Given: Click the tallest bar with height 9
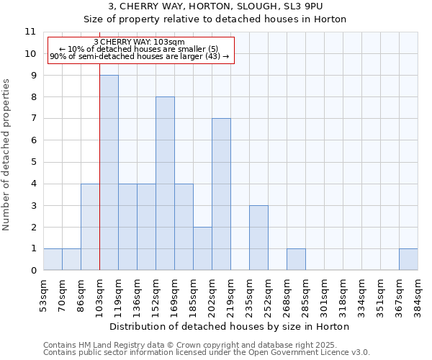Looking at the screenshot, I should click(x=109, y=173).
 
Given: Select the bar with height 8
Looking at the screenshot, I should click(x=165, y=184).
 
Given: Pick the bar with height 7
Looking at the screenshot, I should click(x=221, y=194).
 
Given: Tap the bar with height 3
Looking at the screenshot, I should click(x=258, y=238).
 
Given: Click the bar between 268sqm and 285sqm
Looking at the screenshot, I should click(x=296, y=259).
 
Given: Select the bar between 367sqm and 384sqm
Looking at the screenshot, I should click(x=408, y=259).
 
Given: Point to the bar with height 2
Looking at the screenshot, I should click(x=202, y=248).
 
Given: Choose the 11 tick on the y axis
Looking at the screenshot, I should click(x=30, y=32).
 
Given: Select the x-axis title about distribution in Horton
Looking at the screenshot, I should click(x=230, y=326).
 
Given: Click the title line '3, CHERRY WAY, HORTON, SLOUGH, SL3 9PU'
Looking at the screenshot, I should click(x=215, y=6).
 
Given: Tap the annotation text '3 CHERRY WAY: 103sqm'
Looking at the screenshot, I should click(x=140, y=42).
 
